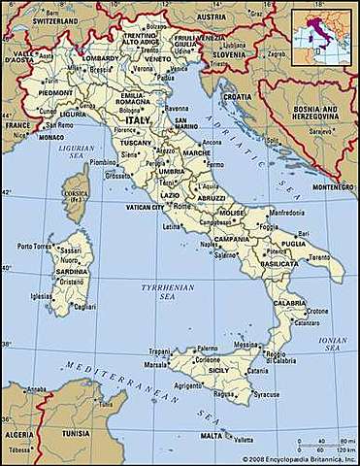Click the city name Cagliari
pos(85,307)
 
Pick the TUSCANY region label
pos(136,143)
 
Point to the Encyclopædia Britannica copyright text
pos(298,459)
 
